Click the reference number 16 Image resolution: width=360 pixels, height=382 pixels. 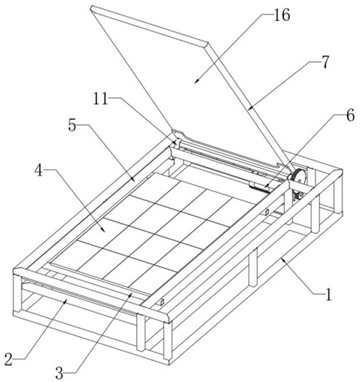[x=282, y=15]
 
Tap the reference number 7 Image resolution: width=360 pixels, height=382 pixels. [x=325, y=62]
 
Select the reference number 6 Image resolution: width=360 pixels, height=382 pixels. [x=350, y=115]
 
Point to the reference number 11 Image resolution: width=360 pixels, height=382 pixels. [x=100, y=99]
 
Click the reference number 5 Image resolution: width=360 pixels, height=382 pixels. [x=72, y=125]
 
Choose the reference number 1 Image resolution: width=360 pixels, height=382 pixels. [x=328, y=294]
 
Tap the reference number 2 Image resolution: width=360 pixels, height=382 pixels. [x=8, y=359]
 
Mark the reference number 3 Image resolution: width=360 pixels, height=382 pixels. [x=59, y=373]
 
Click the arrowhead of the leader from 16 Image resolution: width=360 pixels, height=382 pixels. [x=196, y=81]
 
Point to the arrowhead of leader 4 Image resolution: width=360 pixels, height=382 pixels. [x=103, y=230]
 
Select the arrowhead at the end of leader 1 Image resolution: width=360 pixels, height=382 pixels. [x=282, y=258]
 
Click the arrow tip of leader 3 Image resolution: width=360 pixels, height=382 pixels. [x=131, y=293]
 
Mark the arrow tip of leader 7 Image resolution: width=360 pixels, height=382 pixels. [x=249, y=109]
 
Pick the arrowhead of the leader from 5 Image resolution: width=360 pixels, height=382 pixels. [x=133, y=179]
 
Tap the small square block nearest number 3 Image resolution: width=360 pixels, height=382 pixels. [x=162, y=302]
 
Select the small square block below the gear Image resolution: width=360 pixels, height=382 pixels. [x=267, y=212]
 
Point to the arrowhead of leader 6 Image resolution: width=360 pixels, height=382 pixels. [x=266, y=187]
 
